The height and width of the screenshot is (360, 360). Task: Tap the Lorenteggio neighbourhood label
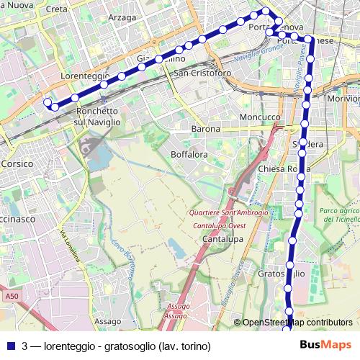tap(85, 75)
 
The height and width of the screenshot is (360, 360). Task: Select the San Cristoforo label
tap(202, 73)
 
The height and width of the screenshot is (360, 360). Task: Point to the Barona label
tap(205, 129)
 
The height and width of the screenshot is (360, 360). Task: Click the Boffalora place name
tap(189, 154)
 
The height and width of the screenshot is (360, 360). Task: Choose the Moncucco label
tap(260, 117)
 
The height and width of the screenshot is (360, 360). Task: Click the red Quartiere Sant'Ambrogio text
tap(228, 212)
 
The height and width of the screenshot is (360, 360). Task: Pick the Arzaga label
tap(122, 17)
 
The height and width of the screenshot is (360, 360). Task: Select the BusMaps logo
tap(325, 345)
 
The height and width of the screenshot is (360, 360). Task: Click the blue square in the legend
tap(11, 346)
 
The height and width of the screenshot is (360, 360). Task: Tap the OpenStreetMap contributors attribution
tap(297, 323)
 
